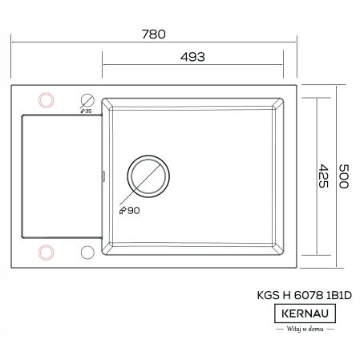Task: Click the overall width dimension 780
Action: pyautogui.click(x=153, y=34)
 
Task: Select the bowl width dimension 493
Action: pyautogui.click(x=193, y=57)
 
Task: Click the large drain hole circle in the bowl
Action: pyautogui.click(x=149, y=172)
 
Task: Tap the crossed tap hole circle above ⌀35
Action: pyautogui.click(x=87, y=100)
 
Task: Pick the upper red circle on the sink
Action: pyautogui.click(x=47, y=99)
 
